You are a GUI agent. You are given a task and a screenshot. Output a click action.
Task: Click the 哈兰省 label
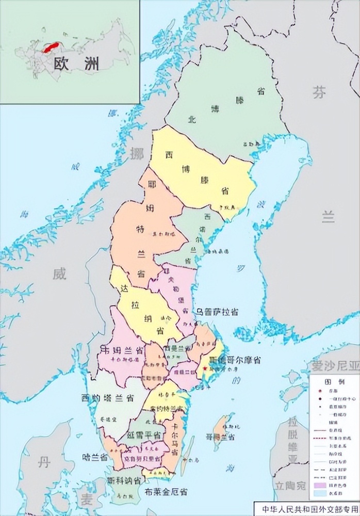pyautogui.click(x=95, y=457)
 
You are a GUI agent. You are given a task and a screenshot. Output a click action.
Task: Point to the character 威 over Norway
pyautogui.click(x=59, y=275)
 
